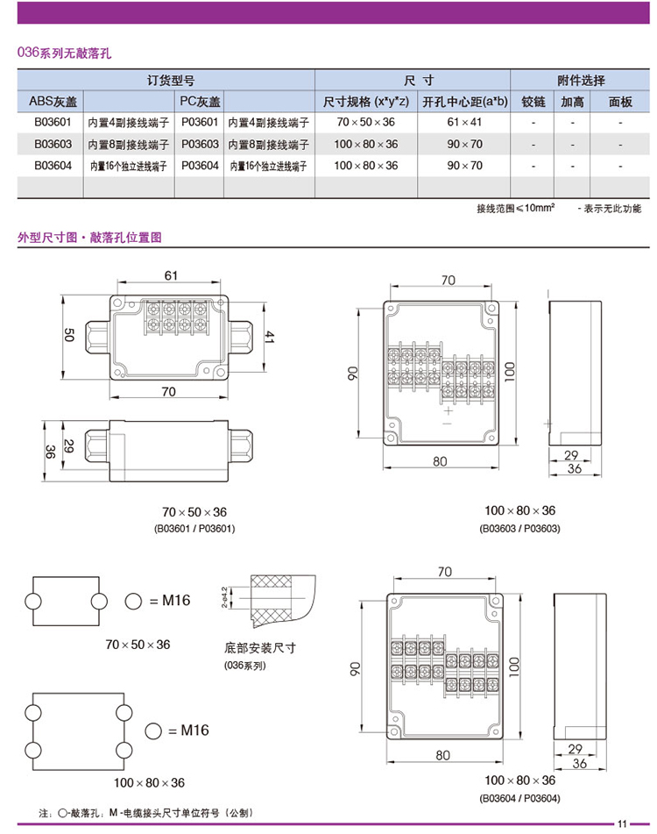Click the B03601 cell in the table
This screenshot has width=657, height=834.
pyautogui.click(x=52, y=122)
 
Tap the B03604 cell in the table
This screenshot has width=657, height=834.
pyautogui.click(x=52, y=165)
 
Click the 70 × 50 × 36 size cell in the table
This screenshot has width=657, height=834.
pyautogui.click(x=366, y=122)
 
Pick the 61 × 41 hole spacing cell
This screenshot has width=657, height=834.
pyautogui.click(x=464, y=122)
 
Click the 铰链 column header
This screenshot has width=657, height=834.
pyautogui.click(x=533, y=101)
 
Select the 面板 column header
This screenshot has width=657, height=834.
pyautogui.click(x=620, y=101)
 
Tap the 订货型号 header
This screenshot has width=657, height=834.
pyautogui.click(x=166, y=80)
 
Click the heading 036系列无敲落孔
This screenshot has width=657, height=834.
pyautogui.click(x=64, y=53)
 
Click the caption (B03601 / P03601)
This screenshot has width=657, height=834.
pyautogui.click(x=194, y=529)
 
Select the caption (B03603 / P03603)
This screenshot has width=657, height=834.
pyautogui.click(x=519, y=528)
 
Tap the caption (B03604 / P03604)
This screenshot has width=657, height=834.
pyautogui.click(x=519, y=798)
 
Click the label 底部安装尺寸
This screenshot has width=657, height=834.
pyautogui.click(x=261, y=648)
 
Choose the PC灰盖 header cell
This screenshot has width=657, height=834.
pyautogui.click(x=201, y=101)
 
